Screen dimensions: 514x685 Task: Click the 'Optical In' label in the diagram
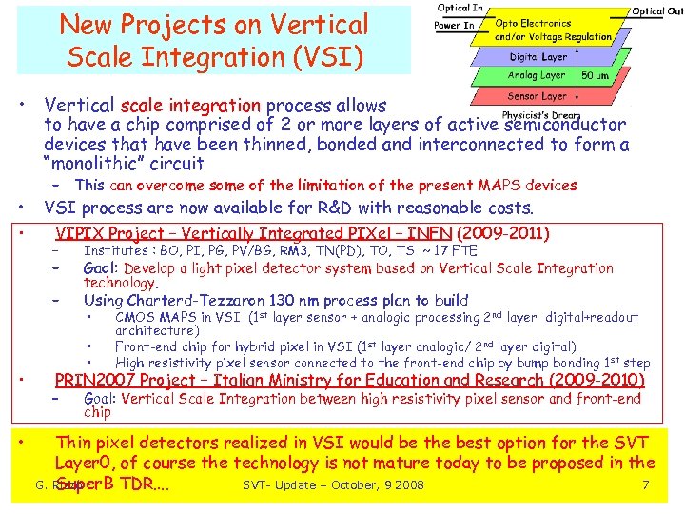[459, 9]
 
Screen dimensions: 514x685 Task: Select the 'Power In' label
[454, 26]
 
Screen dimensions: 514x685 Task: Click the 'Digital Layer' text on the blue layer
[538, 57]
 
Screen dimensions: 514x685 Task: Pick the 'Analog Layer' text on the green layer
[537, 75]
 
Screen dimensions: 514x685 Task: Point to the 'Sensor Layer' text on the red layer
[537, 96]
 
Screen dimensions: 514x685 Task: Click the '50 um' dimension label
[595, 76]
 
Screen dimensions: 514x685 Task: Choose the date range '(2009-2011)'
[503, 233]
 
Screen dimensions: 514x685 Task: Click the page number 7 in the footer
[645, 486]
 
